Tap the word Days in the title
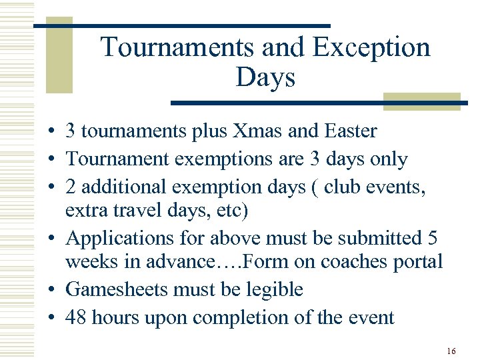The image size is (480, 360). (265, 78)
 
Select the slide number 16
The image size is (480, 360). (451, 351)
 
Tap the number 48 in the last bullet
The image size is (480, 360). (76, 317)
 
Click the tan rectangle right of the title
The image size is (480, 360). (421, 101)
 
